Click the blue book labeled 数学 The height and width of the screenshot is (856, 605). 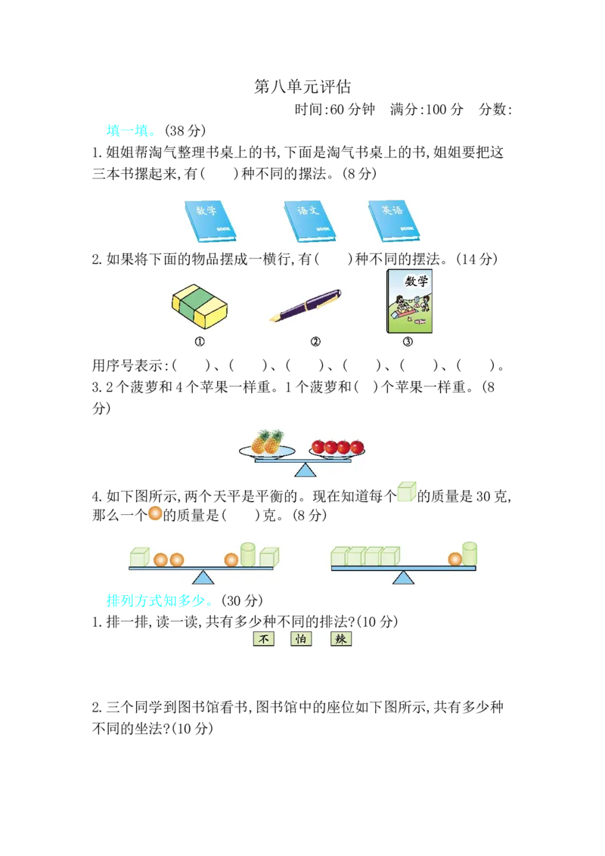(209, 222)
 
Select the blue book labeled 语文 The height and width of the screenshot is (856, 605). (309, 222)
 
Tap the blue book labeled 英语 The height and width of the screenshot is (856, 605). (393, 221)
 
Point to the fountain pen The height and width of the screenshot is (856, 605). (306, 305)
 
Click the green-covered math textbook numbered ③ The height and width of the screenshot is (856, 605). (409, 300)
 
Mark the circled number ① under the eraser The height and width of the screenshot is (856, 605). (200, 342)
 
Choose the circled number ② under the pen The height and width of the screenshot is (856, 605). (315, 342)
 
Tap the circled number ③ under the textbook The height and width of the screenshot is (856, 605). (408, 342)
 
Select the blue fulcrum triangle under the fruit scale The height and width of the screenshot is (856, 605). (305, 470)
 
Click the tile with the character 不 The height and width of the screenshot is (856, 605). (264, 639)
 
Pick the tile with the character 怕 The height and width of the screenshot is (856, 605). (301, 639)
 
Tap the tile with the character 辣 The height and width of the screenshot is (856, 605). (341, 639)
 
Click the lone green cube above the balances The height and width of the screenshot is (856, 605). (405, 492)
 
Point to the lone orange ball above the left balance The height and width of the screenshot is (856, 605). (155, 513)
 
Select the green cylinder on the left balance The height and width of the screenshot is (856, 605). (248, 554)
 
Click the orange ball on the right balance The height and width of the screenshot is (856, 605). (455, 560)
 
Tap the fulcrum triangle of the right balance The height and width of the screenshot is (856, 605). (404, 578)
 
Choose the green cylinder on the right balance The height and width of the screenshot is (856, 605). (470, 554)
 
